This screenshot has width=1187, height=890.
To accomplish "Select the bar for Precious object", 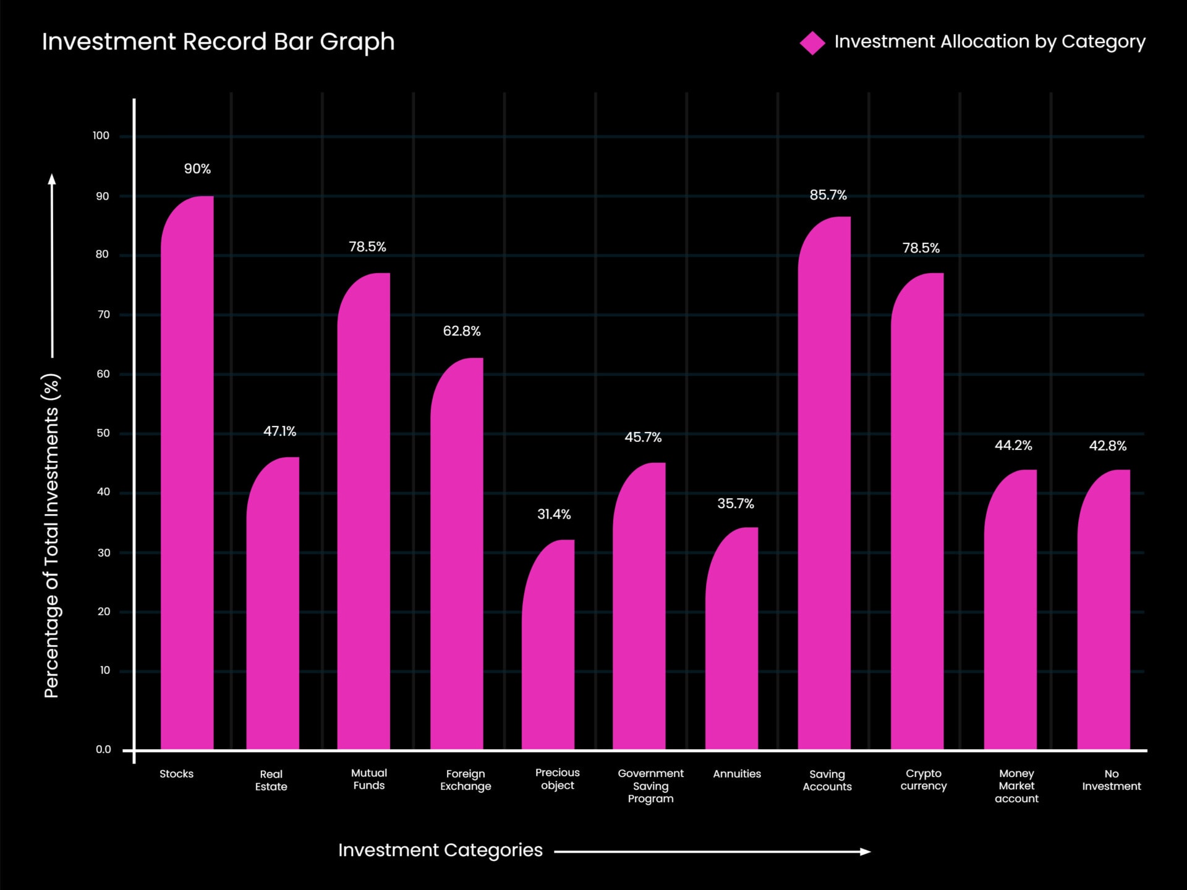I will coord(548,646).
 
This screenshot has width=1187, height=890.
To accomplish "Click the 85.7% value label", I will coord(828,195).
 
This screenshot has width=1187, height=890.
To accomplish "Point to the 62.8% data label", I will coord(461,331).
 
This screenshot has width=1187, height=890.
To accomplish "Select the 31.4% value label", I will coord(554,514).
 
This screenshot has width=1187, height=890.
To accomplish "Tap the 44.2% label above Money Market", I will coord(1013,446).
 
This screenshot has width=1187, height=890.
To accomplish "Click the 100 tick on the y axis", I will coord(101,136).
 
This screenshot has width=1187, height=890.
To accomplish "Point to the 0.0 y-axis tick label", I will coord(103,750).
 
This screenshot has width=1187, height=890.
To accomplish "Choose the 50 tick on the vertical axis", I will coord(103,433).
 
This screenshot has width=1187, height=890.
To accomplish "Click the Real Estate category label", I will coord(271,780).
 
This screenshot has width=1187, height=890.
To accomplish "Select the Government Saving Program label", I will coord(650,786).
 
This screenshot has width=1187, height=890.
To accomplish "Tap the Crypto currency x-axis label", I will coord(923,779).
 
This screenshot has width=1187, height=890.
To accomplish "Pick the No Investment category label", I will coord(1111,780).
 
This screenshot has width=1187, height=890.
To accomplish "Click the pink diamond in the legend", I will coord(812,43).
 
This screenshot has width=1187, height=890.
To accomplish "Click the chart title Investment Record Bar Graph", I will coord(218,42).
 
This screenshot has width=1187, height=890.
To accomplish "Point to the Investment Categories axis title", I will coord(440,850).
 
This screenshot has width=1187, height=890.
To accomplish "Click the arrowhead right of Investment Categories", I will coord(866,852).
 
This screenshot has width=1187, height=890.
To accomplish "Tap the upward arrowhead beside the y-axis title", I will coord(52,179).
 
